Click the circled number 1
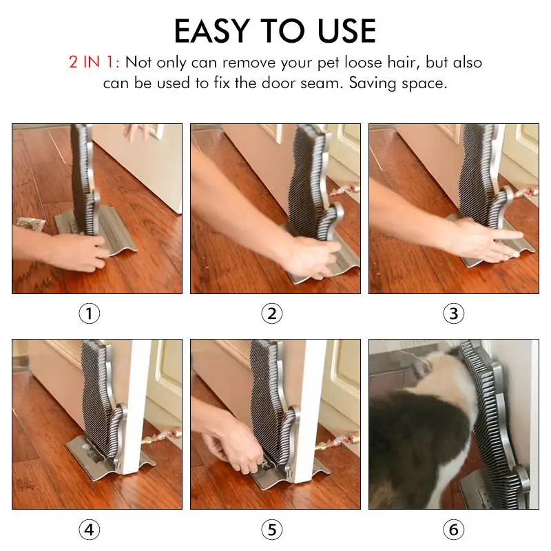click(x=90, y=313)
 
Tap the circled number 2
click(x=272, y=313)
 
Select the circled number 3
click(x=454, y=313)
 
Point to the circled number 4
click(x=90, y=530)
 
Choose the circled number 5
click(x=272, y=530)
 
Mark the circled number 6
click(x=454, y=530)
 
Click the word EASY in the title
click(x=212, y=31)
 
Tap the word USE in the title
click(x=346, y=31)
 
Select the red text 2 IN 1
click(x=94, y=62)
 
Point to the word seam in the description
click(x=322, y=83)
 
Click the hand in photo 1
click(x=76, y=251)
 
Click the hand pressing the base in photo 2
click(x=312, y=256)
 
